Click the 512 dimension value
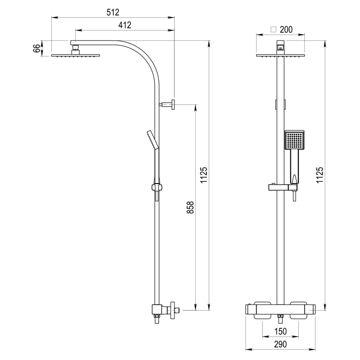113,13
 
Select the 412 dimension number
125,25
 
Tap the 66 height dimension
36,49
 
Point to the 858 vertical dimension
190,207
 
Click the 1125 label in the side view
204,175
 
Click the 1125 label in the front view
319,175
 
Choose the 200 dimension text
286,30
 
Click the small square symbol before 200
274,30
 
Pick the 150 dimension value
280,331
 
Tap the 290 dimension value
280,344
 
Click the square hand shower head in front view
295,140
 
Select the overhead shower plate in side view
76,55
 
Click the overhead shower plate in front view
280,55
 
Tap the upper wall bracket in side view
167,104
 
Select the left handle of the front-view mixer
262,310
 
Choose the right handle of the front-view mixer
298,310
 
